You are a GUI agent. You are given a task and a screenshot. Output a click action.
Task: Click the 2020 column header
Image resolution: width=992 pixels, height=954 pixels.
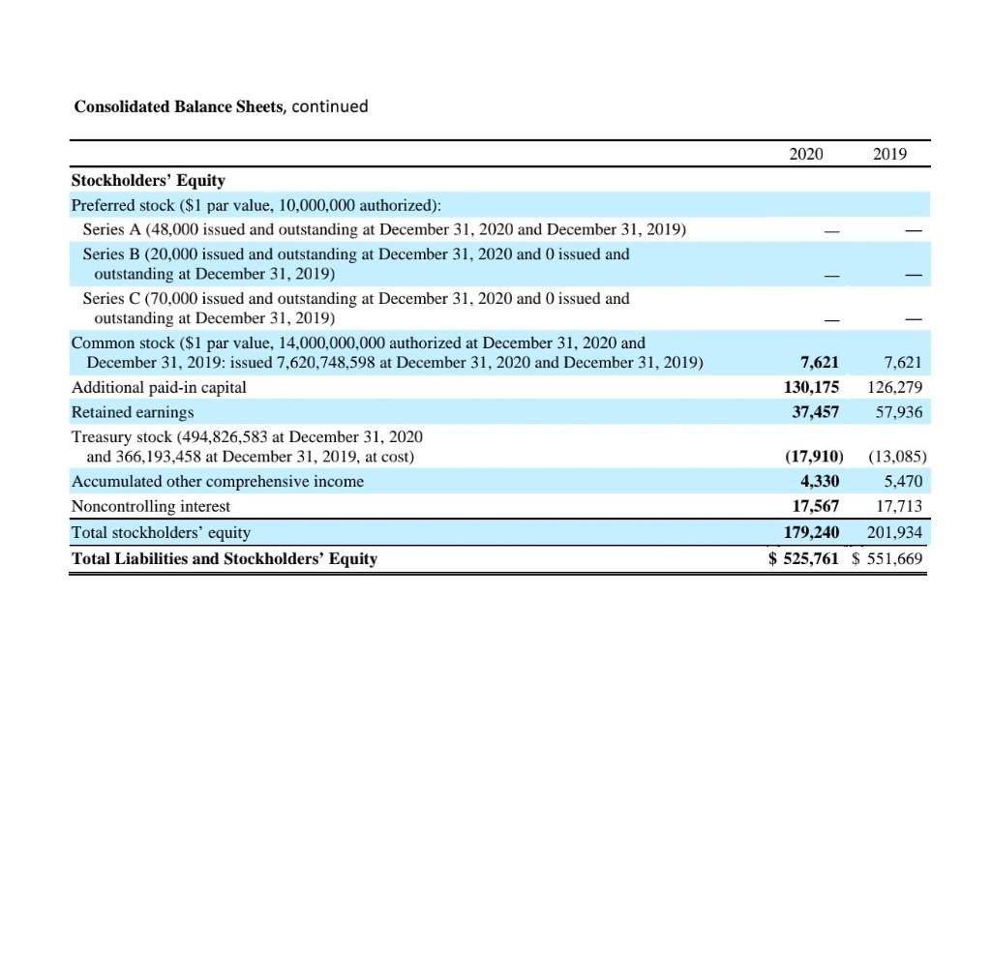pos(806,154)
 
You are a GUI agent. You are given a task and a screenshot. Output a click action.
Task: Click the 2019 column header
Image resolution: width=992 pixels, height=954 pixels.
pos(889,154)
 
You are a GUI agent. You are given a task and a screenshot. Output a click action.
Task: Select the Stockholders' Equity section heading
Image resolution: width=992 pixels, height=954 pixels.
pos(148,180)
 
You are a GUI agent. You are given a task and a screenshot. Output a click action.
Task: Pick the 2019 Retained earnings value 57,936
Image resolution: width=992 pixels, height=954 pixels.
pos(896,411)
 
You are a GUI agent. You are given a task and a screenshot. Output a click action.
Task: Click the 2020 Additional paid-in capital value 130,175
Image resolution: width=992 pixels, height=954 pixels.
pos(811,387)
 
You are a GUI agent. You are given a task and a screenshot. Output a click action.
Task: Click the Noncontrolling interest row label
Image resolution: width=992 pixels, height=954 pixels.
pos(151,506)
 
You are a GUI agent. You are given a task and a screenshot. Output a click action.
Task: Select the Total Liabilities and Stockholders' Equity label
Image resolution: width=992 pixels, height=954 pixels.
pos(225,558)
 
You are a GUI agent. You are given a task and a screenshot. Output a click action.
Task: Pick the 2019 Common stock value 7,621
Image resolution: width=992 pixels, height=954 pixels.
pos(903,363)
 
